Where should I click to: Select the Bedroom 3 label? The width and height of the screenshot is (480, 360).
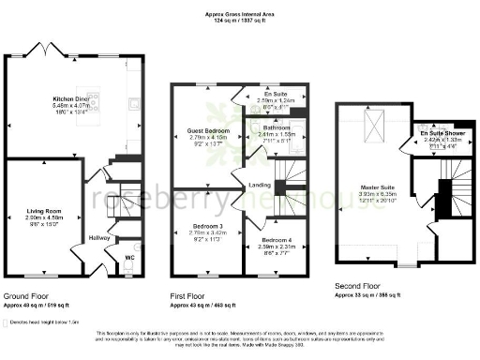pyautogui.click(x=202, y=226)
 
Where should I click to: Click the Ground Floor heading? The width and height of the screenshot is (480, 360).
pyautogui.click(x=24, y=295)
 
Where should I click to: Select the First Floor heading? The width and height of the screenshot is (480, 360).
pyautogui.click(x=187, y=295)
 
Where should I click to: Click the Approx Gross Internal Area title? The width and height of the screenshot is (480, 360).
pyautogui.click(x=239, y=15)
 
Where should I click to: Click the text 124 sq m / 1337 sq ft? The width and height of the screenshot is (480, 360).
pyautogui.click(x=239, y=22)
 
